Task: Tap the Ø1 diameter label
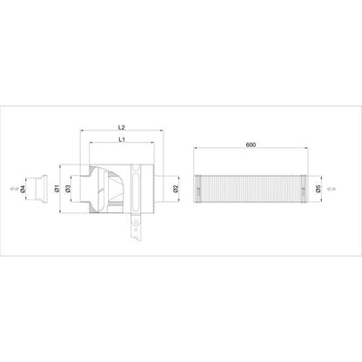57,188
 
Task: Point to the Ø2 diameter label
176,188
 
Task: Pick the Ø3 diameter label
67,188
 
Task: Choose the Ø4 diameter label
23,188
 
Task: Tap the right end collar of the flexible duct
298,188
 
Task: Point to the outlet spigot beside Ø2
164,188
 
